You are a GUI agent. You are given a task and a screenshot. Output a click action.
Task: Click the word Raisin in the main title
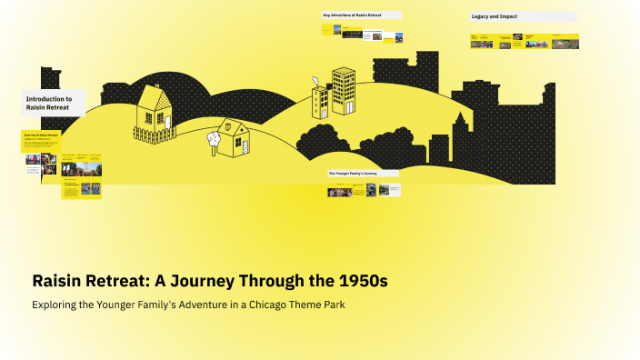(x=61, y=282)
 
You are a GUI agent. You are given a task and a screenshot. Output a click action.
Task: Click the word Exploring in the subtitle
(x=56, y=305)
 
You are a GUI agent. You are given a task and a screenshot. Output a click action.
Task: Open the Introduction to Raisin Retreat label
(x=53, y=103)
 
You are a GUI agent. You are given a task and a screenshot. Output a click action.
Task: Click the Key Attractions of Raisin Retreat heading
(x=361, y=15)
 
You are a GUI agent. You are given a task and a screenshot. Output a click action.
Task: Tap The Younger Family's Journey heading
(x=364, y=173)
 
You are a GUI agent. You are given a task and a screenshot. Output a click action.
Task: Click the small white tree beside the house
(x=214, y=139)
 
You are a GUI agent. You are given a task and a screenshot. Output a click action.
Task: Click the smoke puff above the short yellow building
(x=315, y=80)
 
